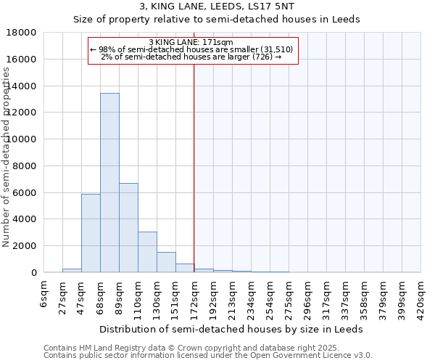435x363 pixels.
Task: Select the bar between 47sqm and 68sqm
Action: tap(91, 233)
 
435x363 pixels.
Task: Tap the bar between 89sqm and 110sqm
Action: tap(128, 228)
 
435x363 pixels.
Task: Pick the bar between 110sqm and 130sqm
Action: tap(147, 252)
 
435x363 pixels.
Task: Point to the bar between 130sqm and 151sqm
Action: tap(166, 262)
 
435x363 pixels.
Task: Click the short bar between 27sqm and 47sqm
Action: tap(72, 270)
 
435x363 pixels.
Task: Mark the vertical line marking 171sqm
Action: tap(194, 167)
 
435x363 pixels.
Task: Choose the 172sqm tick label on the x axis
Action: tap(194, 296)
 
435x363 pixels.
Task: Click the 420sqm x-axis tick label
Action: tap(420, 296)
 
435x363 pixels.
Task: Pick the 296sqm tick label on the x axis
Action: tap(307, 296)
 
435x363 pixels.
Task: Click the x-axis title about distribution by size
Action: tap(232, 329)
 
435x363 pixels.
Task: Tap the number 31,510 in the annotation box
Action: tap(275, 49)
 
